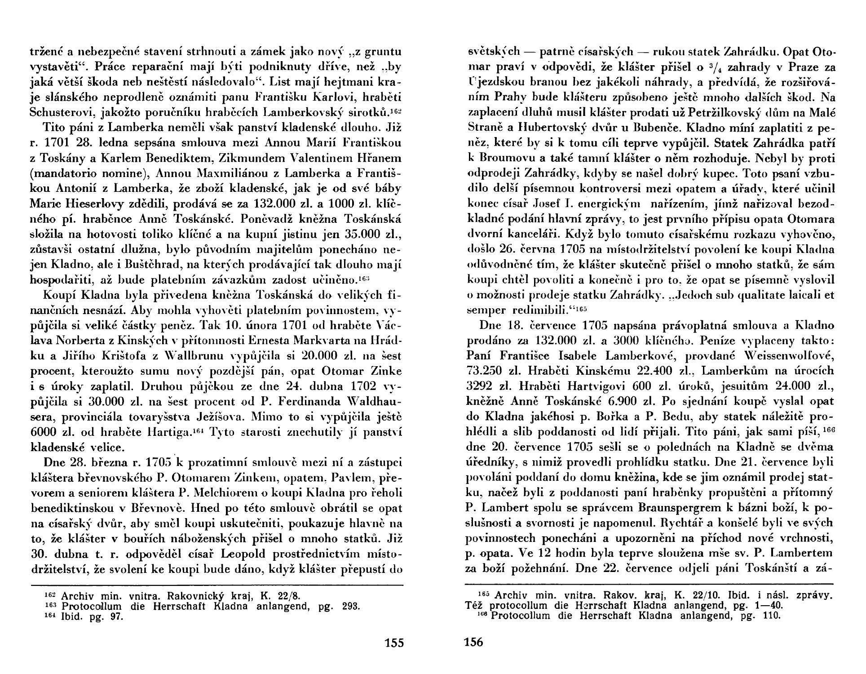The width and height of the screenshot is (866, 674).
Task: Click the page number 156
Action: (473, 642)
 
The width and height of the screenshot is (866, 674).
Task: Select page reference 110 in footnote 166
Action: (770, 616)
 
